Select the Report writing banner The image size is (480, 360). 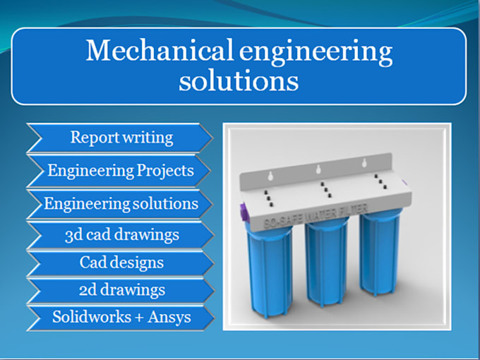click(121, 137)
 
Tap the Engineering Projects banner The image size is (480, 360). click(120, 170)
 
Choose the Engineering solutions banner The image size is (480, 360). click(121, 203)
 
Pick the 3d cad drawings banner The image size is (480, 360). click(121, 234)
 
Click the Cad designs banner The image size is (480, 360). click(121, 263)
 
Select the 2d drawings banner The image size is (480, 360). click(121, 289)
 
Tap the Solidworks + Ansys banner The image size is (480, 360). click(121, 316)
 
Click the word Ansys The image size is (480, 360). click(169, 316)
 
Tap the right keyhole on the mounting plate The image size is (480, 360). click(364, 164)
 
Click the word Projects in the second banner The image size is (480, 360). click(166, 170)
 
